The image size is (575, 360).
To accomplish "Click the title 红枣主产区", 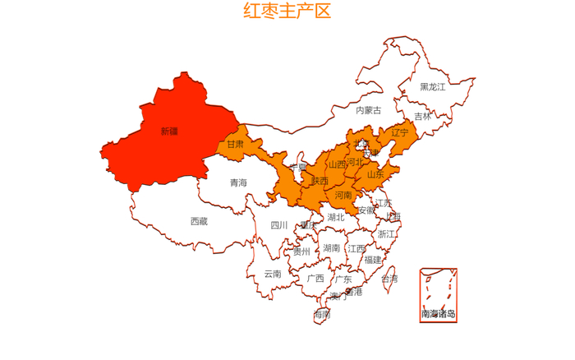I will tap(287, 12).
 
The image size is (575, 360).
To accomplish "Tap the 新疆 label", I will tap(169, 131).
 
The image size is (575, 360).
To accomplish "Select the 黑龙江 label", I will tap(432, 86).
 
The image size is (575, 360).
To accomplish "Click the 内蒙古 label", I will tap(368, 109).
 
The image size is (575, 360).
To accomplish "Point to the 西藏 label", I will tap(199, 221).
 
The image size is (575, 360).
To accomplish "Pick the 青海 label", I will tap(238, 182).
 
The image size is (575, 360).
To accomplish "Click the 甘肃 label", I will tap(235, 144).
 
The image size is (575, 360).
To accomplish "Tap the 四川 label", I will tap(279, 225).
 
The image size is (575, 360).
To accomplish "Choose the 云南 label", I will tap(273, 274).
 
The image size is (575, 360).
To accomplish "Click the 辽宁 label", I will tap(400, 132).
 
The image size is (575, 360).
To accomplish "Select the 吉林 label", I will tap(422, 116).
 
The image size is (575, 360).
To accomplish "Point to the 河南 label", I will tap(343, 195).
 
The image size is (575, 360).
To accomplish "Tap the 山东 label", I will tap(375, 174).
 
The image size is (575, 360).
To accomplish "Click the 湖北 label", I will tap(336, 218).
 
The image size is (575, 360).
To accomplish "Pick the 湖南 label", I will tap(332, 247).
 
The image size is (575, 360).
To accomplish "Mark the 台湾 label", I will tap(389, 279).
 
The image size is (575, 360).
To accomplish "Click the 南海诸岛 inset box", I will tap(438, 295).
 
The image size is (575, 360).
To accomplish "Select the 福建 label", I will tap(373, 260).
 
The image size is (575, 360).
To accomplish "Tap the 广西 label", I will tap(315, 278).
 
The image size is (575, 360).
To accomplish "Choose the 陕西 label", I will tap(320, 181).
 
